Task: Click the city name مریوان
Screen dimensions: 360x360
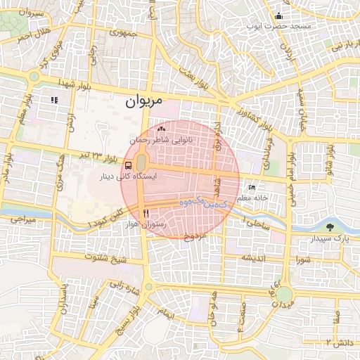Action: tap(144, 101)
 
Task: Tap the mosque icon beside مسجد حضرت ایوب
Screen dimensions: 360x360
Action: tap(279, 15)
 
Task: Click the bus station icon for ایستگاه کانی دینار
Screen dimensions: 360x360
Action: tap(127, 165)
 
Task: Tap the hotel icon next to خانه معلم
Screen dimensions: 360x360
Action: tap(252, 188)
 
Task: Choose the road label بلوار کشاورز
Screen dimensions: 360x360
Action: tap(252, 112)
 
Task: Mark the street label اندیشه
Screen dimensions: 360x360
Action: tap(253, 257)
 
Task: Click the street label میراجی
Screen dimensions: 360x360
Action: tap(21, 220)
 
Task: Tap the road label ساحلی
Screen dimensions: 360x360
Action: tap(257, 223)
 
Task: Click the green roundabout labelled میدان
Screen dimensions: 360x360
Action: tap(283, 294)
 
